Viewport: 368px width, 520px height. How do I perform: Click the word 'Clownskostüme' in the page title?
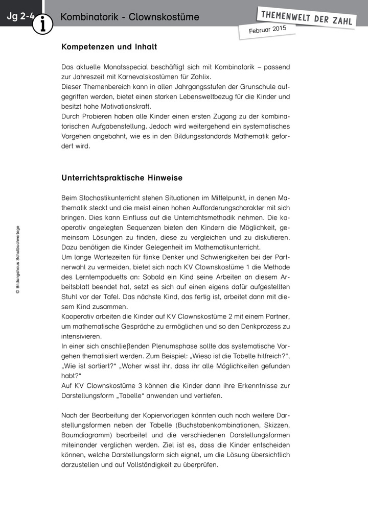click(164, 18)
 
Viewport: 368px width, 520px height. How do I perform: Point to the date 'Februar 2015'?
click(267, 30)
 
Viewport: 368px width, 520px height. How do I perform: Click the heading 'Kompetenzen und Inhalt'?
click(109, 47)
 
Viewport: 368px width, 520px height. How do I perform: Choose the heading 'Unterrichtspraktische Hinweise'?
click(122, 178)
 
